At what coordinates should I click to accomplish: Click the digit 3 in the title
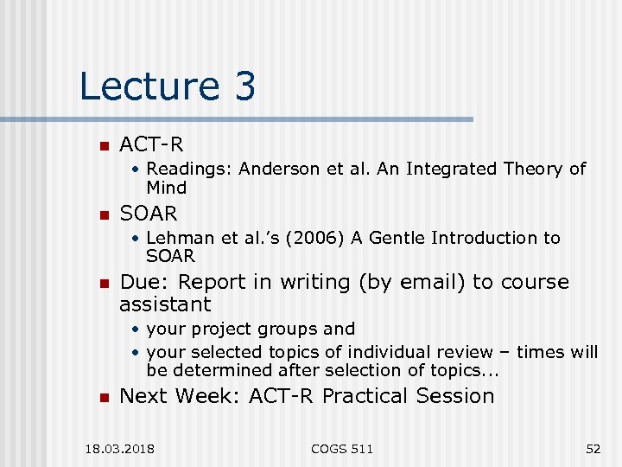click(x=244, y=86)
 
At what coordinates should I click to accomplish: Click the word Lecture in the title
click(x=149, y=86)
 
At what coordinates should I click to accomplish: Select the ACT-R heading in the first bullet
click(x=151, y=144)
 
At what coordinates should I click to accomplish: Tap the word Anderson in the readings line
click(x=276, y=170)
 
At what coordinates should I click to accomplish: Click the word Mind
click(x=167, y=188)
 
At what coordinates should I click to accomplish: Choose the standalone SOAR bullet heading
click(x=149, y=213)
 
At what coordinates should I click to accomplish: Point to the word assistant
click(x=165, y=304)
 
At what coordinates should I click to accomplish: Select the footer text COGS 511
click(x=342, y=448)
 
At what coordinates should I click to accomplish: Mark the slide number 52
click(x=593, y=448)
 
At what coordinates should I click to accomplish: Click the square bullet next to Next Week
click(x=103, y=398)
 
